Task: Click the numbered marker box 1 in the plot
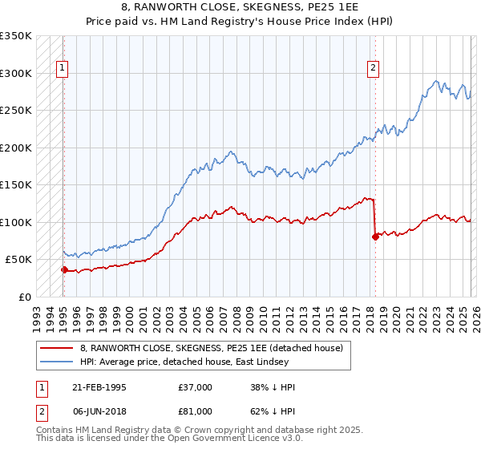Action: pyautogui.click(x=63, y=69)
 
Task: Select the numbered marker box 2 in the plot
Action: pyautogui.click(x=374, y=69)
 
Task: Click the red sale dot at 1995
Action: pyautogui.click(x=64, y=269)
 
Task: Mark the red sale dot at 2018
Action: pyautogui.click(x=374, y=237)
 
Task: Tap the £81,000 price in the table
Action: pyautogui.click(x=196, y=411)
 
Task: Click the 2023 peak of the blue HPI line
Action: pyautogui.click(x=435, y=81)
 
